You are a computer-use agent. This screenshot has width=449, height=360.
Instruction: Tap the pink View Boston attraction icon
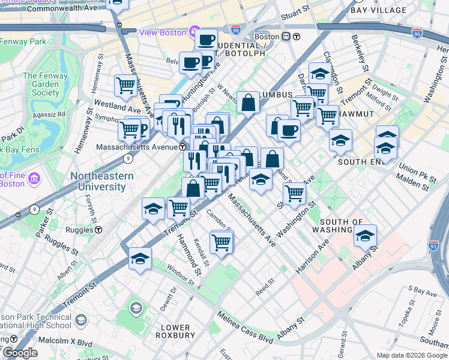[194, 32]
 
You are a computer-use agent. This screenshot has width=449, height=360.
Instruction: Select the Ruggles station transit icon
[98, 229]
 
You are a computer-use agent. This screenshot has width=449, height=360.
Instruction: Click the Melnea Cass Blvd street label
[244, 327]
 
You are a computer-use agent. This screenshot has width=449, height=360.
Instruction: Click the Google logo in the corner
[20, 353]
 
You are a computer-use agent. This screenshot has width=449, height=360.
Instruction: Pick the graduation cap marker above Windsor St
[140, 259]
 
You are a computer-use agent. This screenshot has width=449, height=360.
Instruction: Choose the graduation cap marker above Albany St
[364, 236]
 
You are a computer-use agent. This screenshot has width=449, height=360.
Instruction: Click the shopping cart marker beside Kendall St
[221, 241]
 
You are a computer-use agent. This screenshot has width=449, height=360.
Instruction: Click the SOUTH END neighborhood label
[360, 162]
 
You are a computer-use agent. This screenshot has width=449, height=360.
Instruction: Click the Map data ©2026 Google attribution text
[411, 355]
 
